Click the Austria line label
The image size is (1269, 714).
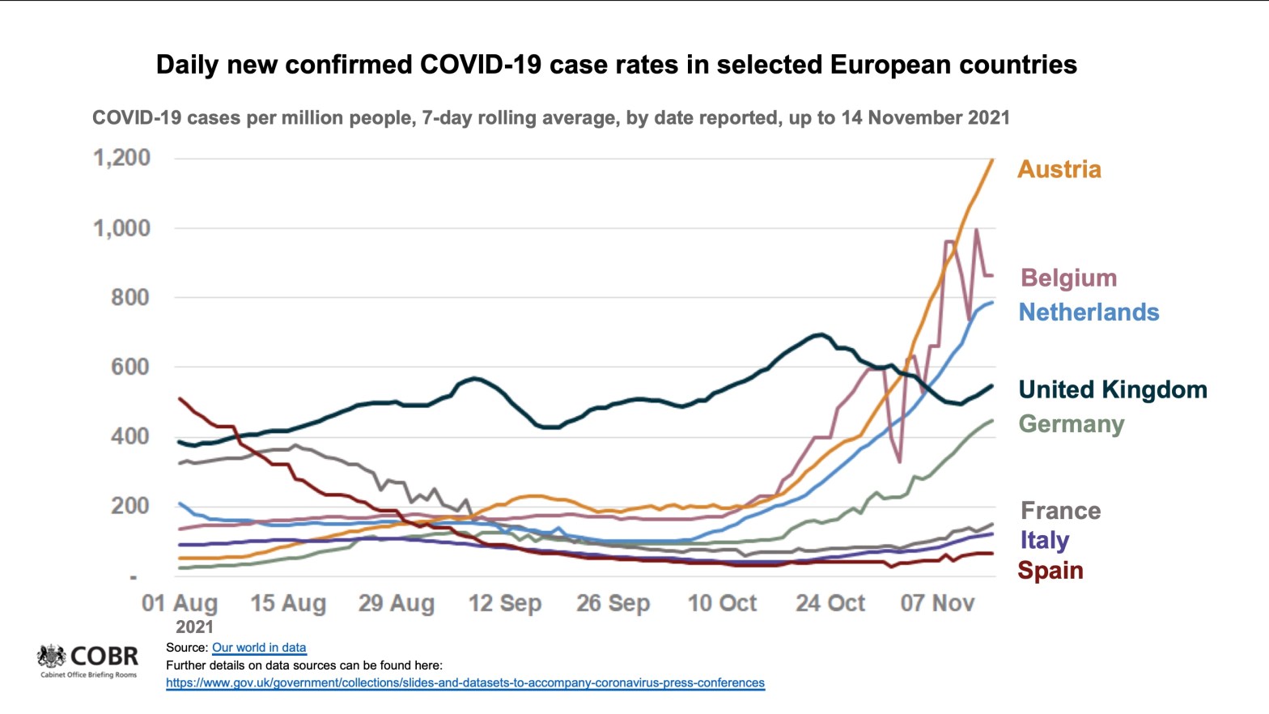tap(1059, 169)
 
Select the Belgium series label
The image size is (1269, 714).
tap(1068, 278)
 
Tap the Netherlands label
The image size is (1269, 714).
tap(1089, 312)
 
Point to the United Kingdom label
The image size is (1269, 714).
tap(1112, 389)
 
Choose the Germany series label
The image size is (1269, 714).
tap(1071, 424)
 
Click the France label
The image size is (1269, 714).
tap(1060, 511)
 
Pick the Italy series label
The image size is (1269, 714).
tap(1044, 540)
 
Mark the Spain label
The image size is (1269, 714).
tap(1050, 570)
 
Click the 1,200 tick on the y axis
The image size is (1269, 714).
tap(122, 157)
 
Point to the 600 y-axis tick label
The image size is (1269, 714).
tap(130, 367)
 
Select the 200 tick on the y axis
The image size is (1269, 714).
tap(130, 506)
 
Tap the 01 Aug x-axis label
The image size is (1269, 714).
tap(180, 603)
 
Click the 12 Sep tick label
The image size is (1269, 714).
tap(504, 603)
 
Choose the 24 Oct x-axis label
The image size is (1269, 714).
tap(830, 603)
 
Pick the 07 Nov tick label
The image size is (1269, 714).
tap(937, 603)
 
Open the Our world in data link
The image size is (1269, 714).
tap(259, 648)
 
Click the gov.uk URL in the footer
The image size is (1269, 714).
tap(465, 682)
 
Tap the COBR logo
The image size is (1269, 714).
tap(88, 660)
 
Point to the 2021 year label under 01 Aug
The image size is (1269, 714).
tap(194, 627)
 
